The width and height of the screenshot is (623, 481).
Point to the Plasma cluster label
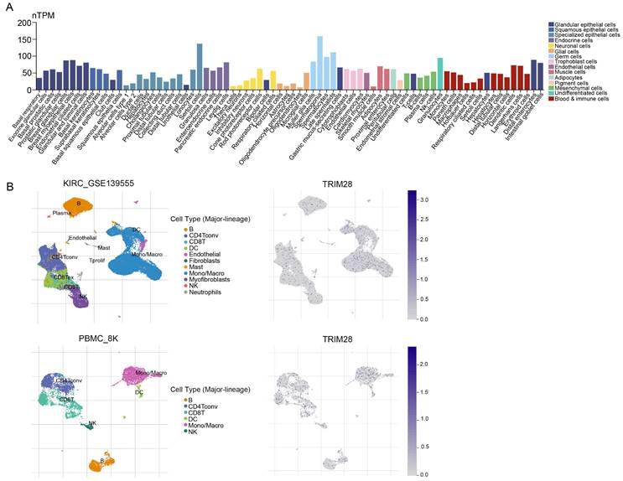[x=61, y=214]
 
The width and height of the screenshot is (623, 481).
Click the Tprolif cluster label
[x=96, y=261]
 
